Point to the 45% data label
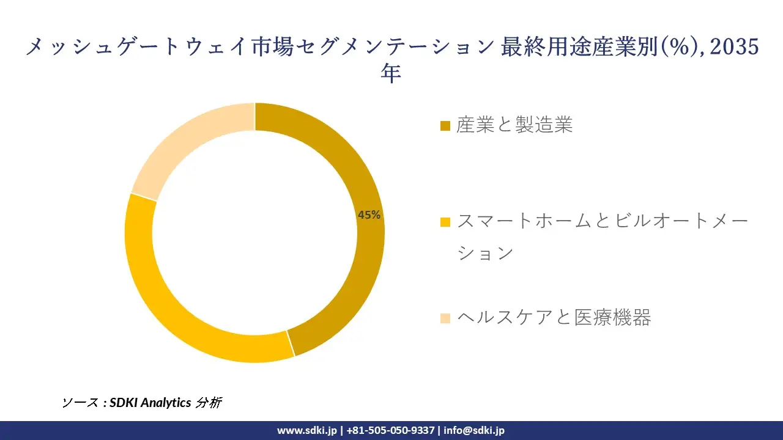(369, 215)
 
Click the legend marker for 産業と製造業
(445, 126)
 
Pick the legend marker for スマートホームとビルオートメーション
(445, 221)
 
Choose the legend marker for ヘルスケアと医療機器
(445, 318)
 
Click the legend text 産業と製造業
(514, 125)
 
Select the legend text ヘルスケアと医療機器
(554, 317)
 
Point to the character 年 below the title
(391, 73)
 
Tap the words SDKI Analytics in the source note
(150, 402)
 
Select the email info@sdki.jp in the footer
(474, 430)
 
